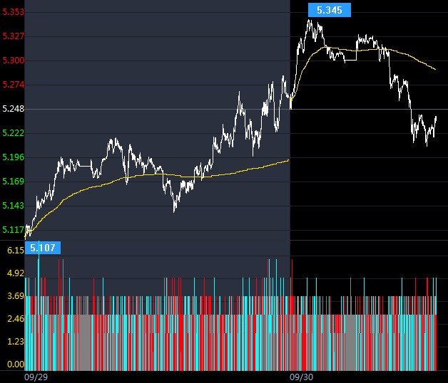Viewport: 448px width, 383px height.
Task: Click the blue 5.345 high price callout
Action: coord(330,10)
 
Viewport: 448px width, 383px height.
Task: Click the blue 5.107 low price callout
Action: coord(43,248)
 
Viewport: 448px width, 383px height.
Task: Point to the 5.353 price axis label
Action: coord(13,12)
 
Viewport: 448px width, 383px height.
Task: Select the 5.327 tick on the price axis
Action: coord(13,36)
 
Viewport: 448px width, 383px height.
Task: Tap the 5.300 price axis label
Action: coord(13,61)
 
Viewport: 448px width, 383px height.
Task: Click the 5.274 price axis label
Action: coord(13,85)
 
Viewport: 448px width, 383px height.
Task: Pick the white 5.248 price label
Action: coord(13,109)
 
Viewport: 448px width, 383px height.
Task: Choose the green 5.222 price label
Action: coord(13,133)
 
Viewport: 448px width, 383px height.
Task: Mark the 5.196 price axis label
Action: coord(13,157)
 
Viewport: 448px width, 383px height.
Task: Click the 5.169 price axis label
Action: coord(13,182)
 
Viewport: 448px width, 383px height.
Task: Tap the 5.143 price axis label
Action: coord(13,206)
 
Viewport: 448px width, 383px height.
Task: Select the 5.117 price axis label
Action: coord(13,230)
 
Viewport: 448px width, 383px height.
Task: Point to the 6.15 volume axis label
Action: coord(14,251)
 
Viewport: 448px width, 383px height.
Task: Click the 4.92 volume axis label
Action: coord(14,273)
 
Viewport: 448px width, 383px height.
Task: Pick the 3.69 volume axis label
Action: coord(14,296)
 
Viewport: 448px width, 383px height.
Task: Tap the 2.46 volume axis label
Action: coord(14,319)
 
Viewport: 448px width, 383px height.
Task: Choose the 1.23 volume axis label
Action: coord(14,342)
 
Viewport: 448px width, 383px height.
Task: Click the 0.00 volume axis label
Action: coord(14,364)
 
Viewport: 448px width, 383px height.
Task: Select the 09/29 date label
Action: coord(36,376)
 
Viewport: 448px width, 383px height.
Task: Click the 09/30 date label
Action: coord(302,376)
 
